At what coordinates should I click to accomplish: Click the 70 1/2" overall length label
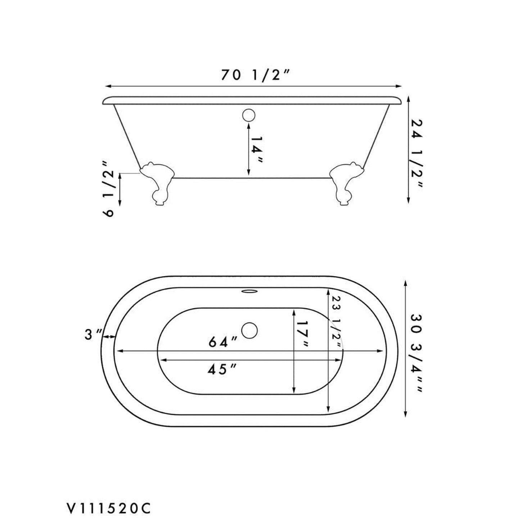click(255, 76)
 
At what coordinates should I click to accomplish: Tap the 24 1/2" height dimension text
click(417, 153)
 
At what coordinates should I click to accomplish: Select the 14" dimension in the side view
click(256, 150)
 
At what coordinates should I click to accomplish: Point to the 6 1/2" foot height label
click(109, 193)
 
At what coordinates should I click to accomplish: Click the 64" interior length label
click(223, 342)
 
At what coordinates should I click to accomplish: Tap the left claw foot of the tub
click(157, 184)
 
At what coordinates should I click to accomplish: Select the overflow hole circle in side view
click(248, 115)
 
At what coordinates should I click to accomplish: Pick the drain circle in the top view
click(249, 330)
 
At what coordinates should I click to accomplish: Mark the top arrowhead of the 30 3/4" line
click(406, 283)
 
